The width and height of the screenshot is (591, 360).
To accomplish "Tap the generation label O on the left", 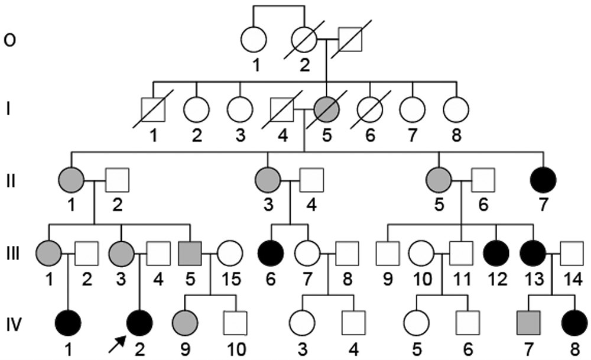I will coord(9,40).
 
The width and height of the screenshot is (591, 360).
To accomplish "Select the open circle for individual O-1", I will coord(254,40).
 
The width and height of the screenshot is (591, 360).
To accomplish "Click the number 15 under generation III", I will coord(228,278).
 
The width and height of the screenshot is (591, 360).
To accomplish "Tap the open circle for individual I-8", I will coord(456,110).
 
